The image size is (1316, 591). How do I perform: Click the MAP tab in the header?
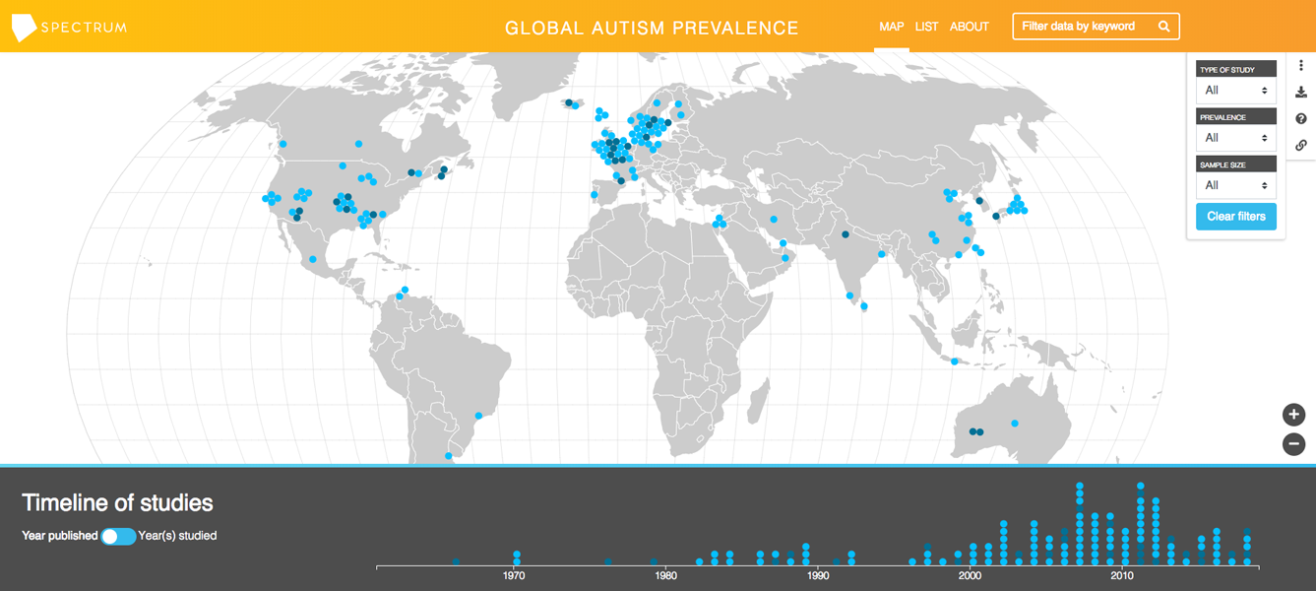tap(891, 27)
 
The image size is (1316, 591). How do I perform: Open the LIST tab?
tap(926, 27)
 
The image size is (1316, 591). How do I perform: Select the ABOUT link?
tap(970, 27)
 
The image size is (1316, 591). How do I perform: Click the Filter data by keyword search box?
tap(1083, 27)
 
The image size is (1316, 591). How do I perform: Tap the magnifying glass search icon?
tap(1163, 27)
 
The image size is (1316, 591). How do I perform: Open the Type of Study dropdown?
tap(1236, 91)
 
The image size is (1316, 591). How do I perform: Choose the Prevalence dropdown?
tap(1236, 138)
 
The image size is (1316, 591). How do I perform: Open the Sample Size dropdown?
tap(1236, 185)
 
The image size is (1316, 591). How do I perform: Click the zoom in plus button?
tap(1293, 415)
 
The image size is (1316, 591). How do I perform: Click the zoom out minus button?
tap(1293, 444)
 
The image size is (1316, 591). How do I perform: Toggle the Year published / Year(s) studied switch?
tap(118, 536)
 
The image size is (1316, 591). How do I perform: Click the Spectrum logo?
tap(69, 27)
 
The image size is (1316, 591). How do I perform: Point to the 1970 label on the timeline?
tap(514, 575)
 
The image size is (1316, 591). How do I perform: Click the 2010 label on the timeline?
tap(1121, 575)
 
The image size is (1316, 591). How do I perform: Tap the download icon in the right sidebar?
tap(1301, 93)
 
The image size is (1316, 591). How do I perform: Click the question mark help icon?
tap(1301, 118)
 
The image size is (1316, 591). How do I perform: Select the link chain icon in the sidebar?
tap(1301, 145)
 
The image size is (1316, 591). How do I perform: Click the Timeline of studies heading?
tap(117, 502)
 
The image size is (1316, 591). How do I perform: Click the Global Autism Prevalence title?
tap(652, 28)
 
